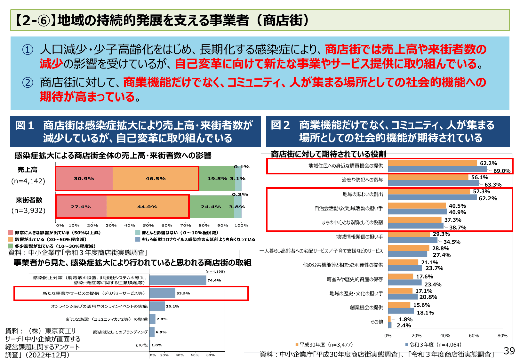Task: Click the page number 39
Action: (x=509, y=351)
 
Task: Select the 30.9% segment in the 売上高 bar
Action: (x=84, y=179)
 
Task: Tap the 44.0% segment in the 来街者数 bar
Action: (x=147, y=207)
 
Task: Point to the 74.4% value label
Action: (x=214, y=280)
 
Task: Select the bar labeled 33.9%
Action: (x=162, y=293)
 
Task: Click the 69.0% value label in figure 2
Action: (x=502, y=171)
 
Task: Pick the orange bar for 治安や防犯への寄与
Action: (x=428, y=177)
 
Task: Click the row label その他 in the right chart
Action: (x=376, y=322)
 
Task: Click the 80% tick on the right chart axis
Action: (x=502, y=336)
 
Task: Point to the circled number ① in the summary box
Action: (x=28, y=50)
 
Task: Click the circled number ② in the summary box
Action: (x=28, y=83)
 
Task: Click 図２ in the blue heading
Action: (x=280, y=125)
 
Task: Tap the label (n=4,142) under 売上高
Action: (x=28, y=181)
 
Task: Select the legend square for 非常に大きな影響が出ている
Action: (x=11, y=233)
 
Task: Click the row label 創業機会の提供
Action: (x=366, y=308)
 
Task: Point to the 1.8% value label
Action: (x=405, y=319)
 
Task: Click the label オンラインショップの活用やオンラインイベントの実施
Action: (x=99, y=306)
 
